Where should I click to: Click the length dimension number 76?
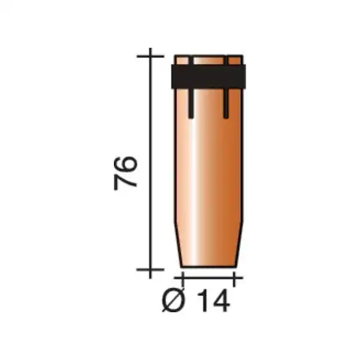pos(125,173)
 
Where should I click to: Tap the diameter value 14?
pos(213,300)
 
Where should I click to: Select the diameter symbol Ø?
pos(173,300)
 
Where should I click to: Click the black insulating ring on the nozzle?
pos(208,76)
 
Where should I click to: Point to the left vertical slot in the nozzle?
pos(191,87)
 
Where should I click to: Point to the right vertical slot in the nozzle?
pos(226,87)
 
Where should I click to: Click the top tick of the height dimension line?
pos(151,57)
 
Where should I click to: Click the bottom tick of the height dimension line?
pos(151,270)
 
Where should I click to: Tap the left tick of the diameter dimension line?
pos(182,278)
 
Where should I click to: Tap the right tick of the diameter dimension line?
pos(234,278)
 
